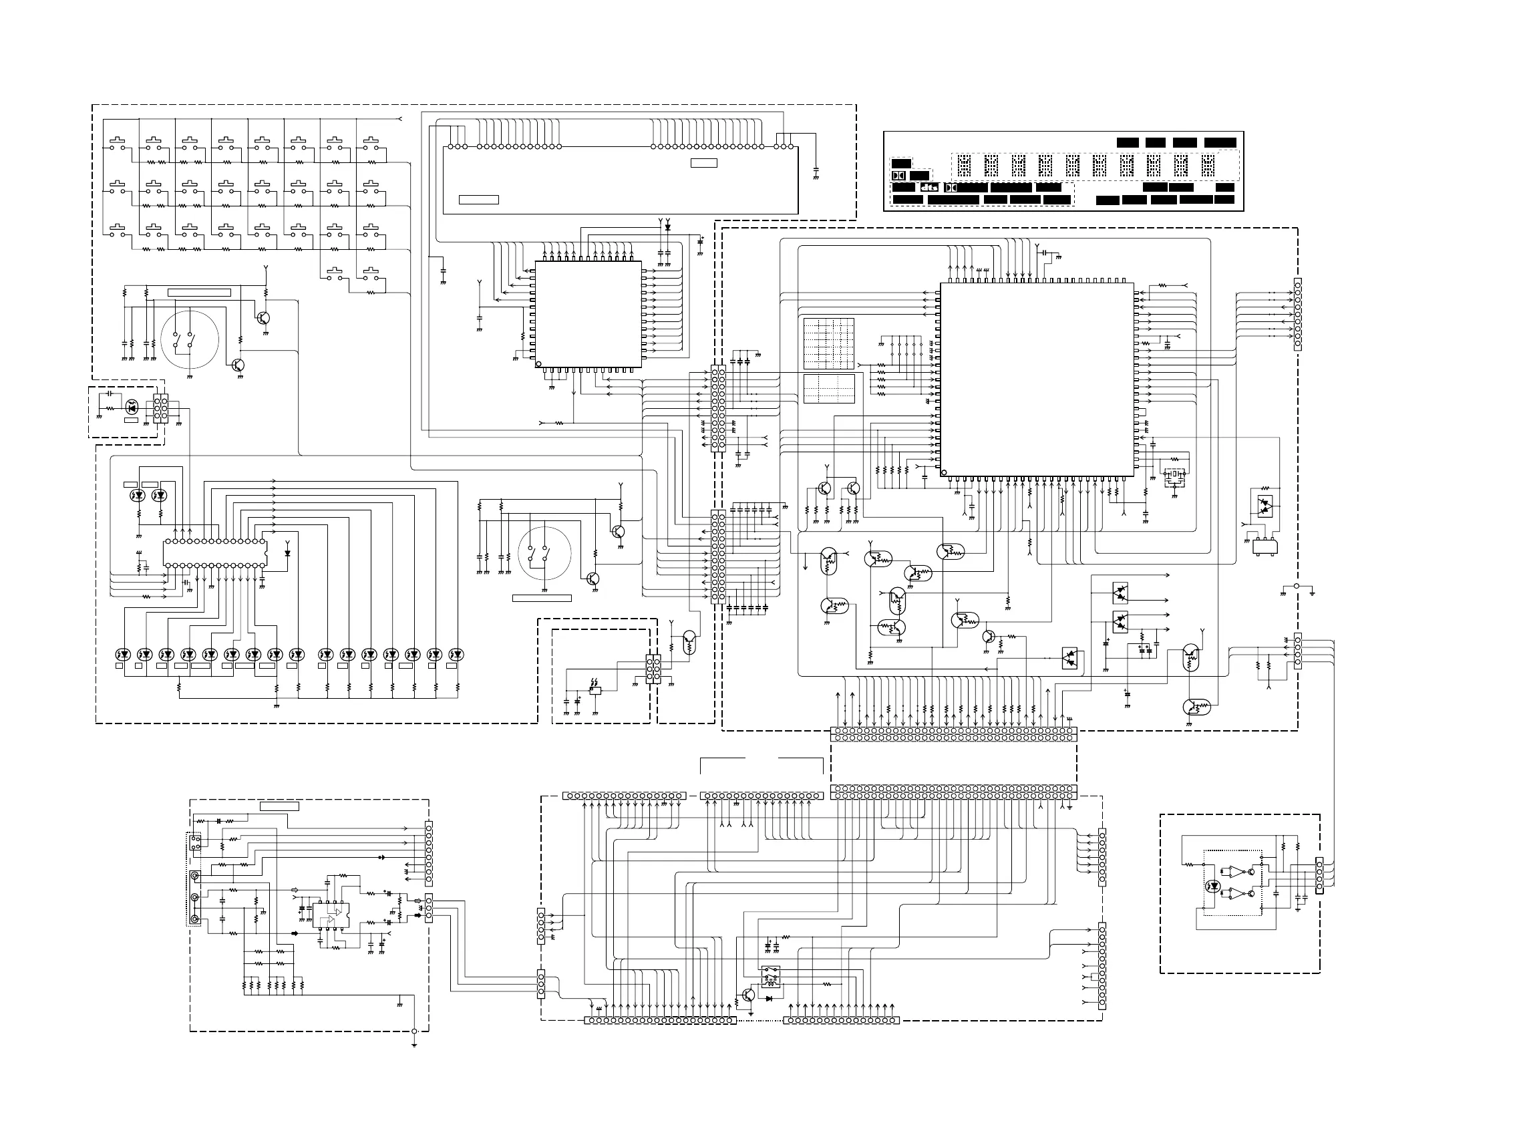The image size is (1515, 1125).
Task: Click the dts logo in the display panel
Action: [x=929, y=187]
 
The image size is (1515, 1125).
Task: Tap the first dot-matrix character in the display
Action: [x=963, y=166]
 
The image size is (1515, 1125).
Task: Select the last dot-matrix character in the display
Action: [x=1208, y=166]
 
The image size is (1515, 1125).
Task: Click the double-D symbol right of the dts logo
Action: [x=951, y=187]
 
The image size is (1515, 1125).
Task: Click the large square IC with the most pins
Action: [x=1036, y=379]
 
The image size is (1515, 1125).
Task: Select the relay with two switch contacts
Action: [x=770, y=976]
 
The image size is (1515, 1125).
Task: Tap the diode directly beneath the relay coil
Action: [x=770, y=998]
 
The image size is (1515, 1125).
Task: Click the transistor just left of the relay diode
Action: [x=748, y=994]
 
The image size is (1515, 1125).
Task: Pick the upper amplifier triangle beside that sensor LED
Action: [x=1235, y=871]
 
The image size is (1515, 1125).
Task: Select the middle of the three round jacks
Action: [x=196, y=898]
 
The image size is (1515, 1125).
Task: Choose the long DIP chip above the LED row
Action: [x=214, y=553]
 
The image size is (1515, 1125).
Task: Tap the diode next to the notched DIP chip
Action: [x=288, y=553]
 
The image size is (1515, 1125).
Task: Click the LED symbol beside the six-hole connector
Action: [x=133, y=408]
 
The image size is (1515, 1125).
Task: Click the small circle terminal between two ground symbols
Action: [x=1297, y=586]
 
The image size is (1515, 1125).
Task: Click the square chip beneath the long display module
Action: [x=588, y=315]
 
